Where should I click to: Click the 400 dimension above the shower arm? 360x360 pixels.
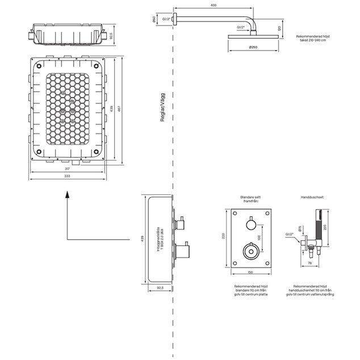(x=213, y=6)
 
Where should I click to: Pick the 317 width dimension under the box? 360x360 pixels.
(x=67, y=169)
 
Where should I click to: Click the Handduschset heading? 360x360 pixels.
(x=312, y=198)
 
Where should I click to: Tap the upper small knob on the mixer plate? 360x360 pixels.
(x=250, y=225)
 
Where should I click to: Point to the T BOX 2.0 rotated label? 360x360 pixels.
(x=162, y=239)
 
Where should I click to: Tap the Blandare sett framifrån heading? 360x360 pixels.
(x=250, y=199)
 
